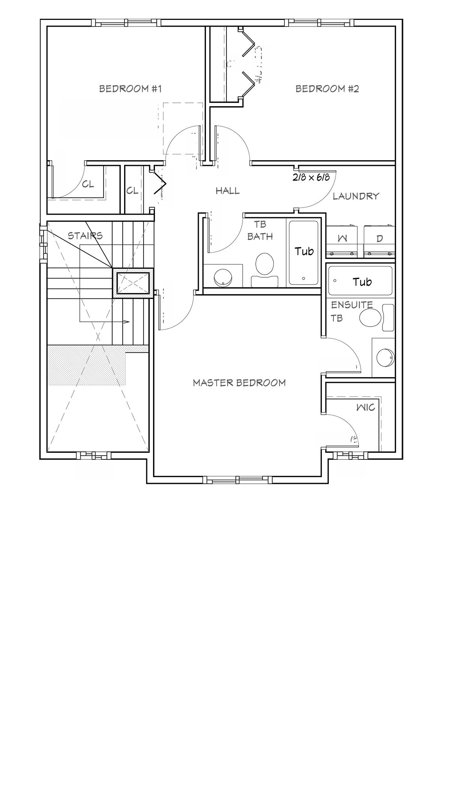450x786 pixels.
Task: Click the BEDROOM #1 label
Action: (x=130, y=89)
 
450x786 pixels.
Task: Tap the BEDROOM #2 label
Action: (x=327, y=89)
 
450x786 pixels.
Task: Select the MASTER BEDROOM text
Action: (x=239, y=383)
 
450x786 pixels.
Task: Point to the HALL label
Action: (x=228, y=191)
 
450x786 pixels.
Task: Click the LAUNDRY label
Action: (x=356, y=196)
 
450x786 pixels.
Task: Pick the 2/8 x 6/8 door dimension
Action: (x=311, y=177)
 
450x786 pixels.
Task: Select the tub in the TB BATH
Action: (x=303, y=252)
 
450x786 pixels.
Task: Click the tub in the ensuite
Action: (x=360, y=281)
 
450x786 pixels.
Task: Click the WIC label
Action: (x=366, y=407)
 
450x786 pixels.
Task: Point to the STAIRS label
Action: (x=85, y=236)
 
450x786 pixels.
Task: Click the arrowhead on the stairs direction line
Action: (x=127, y=322)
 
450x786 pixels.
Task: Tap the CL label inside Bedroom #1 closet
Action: (x=88, y=185)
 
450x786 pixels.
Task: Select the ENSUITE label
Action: (x=352, y=305)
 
